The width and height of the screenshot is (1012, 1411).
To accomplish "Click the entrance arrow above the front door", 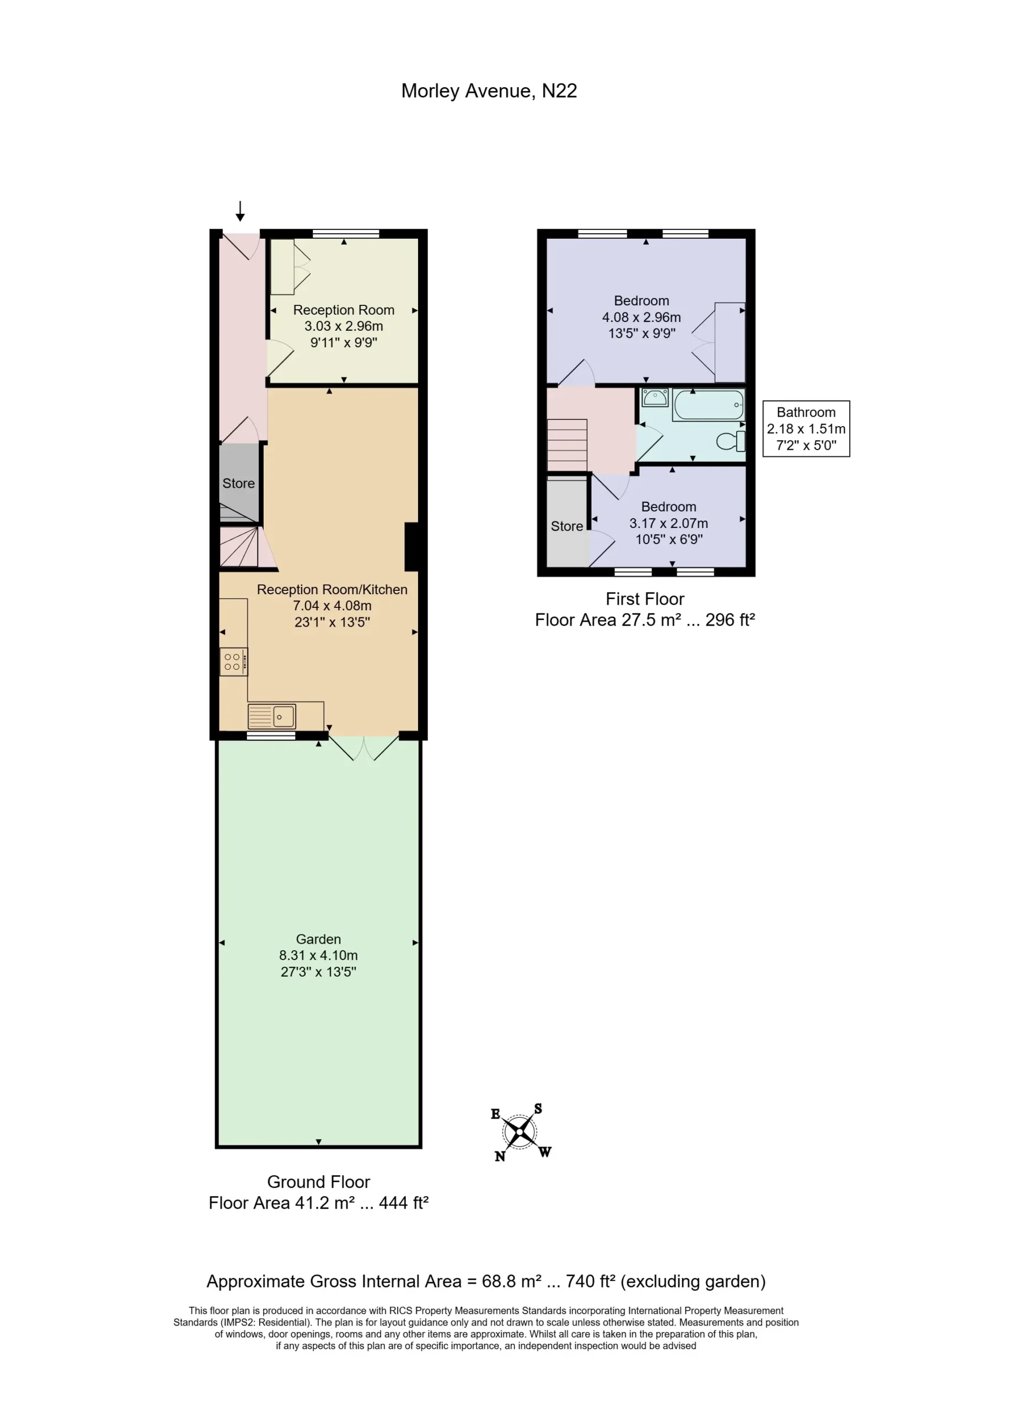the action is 239,211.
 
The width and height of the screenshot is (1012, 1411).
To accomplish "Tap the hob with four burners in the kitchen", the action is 233,661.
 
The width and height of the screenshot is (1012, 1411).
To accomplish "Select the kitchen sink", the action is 272,717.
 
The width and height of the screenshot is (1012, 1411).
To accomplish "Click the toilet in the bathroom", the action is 731,441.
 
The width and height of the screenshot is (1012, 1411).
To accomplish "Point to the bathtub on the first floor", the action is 709,405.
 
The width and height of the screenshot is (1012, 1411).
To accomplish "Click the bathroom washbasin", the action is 655,397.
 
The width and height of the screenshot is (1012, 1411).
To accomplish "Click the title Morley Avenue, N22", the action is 489,91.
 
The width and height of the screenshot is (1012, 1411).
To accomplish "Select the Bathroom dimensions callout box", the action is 806,429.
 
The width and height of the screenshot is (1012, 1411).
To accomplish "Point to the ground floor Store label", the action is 238,483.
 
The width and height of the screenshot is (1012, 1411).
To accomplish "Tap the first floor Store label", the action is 566,526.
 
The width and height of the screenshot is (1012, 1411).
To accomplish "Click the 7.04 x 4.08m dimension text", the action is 333,605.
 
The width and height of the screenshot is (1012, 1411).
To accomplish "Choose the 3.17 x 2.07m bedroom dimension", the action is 668,523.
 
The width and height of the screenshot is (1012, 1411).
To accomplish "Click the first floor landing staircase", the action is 567,445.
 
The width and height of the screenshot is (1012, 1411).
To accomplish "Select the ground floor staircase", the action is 239,547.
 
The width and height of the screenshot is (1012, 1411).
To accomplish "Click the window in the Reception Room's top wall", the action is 345,234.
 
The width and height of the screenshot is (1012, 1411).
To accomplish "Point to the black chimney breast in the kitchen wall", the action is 411,547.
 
